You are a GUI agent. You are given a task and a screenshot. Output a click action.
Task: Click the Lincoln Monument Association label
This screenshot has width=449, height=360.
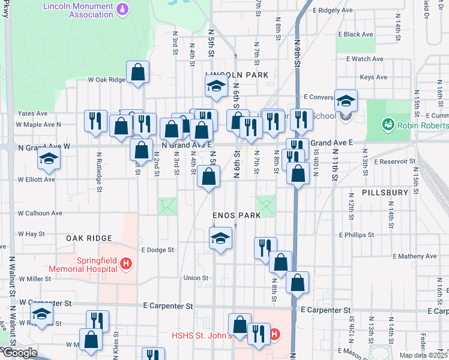coord(81,10)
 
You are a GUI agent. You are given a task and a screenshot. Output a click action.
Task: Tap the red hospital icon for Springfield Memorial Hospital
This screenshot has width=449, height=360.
coord(125,263)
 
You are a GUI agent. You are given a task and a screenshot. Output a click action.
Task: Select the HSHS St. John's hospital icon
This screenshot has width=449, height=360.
coord(275,334)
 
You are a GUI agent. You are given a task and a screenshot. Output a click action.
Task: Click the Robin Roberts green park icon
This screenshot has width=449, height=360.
coord(388,125)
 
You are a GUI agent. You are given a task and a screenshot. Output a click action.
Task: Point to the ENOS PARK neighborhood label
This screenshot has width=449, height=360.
coord(237,215)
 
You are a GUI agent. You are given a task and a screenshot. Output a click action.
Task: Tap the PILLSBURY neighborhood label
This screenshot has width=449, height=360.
coord(385,193)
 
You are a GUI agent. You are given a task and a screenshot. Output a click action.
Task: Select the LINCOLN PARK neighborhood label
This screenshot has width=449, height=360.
coord(236,75)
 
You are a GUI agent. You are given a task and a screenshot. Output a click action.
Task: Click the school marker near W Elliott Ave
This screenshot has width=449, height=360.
coord(48,158)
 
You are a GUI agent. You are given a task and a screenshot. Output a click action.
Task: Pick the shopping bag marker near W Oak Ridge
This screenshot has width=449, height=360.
coord(137,73)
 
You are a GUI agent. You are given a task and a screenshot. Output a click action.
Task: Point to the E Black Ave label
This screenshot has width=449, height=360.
coord(356,35)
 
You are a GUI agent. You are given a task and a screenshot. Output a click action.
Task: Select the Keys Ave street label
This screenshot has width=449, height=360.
coord(373,77)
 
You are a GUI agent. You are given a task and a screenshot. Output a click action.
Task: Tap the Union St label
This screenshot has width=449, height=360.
coord(196,278)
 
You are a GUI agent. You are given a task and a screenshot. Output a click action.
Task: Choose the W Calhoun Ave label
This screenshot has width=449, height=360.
coord(40,213)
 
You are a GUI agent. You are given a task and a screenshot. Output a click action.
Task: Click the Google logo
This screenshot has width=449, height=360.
coord(20,353)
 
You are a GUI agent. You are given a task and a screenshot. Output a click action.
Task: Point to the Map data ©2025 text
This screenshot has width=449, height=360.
coord(423,355)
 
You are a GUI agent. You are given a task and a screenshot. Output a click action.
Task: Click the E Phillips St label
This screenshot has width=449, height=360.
coord(357,235)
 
